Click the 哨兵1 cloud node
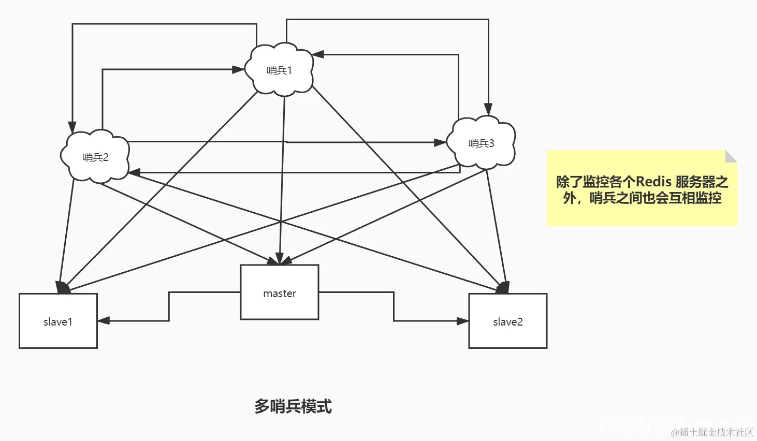click(279, 70)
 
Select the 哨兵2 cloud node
click(95, 157)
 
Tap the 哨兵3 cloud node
click(481, 143)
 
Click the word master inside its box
click(280, 293)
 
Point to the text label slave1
click(58, 322)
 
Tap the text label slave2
click(507, 322)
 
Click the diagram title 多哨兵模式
click(293, 406)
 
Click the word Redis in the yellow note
click(653, 182)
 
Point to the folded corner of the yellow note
click(731, 156)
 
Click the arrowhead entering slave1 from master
click(103, 320)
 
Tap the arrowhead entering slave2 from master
click(463, 321)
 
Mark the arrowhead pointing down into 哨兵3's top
click(488, 109)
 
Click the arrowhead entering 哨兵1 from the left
click(239, 69)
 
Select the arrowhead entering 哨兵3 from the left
click(441, 142)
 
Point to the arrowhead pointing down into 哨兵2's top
click(72, 127)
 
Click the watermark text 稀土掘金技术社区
click(716, 432)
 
